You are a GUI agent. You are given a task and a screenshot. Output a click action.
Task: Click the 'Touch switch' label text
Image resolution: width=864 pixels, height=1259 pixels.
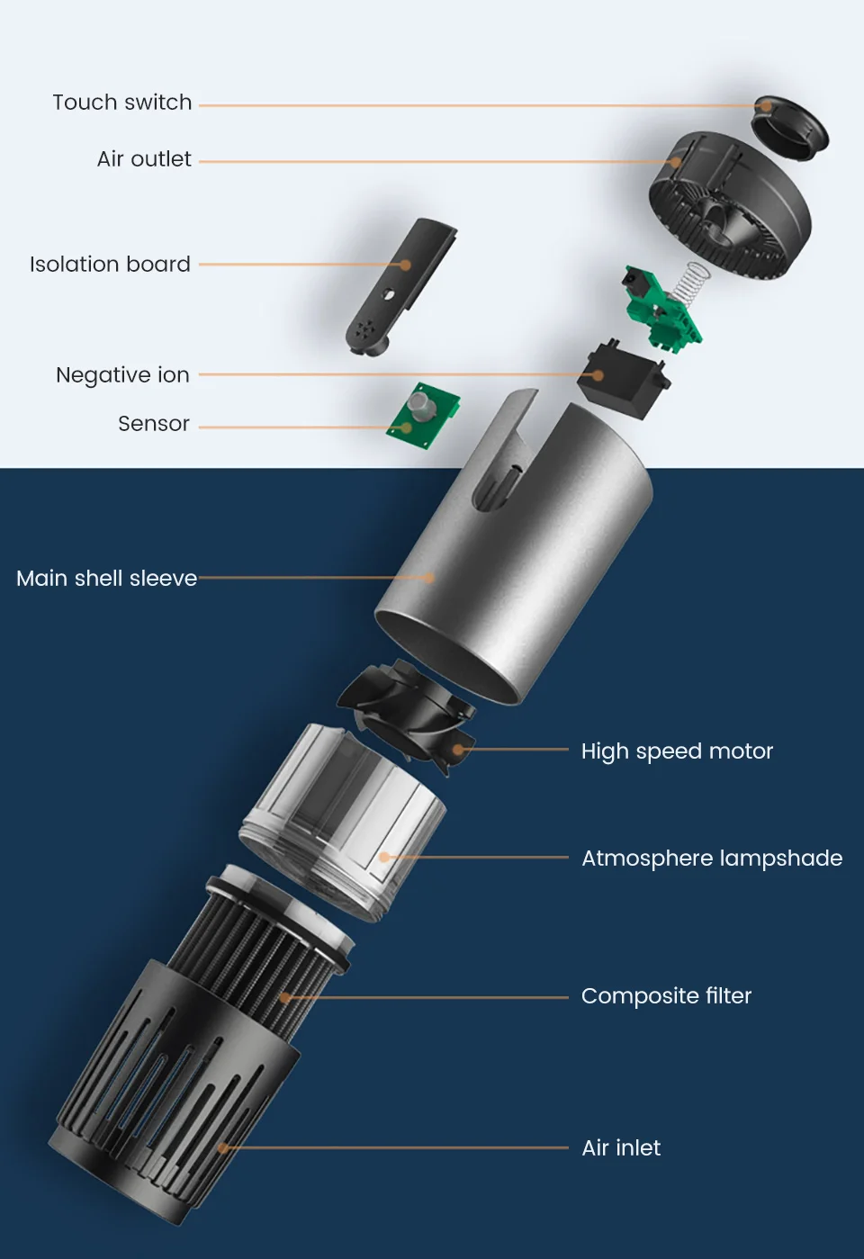[x=122, y=103]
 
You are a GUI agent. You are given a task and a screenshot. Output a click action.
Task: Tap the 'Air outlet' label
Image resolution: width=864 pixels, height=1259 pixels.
[x=144, y=159]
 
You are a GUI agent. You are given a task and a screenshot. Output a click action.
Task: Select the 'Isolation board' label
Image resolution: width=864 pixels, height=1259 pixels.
[x=110, y=265]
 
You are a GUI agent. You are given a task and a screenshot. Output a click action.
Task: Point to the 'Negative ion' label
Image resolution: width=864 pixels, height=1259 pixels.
[x=122, y=375]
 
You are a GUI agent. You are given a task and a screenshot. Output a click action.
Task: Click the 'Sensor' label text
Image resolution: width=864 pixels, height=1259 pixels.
[x=154, y=424]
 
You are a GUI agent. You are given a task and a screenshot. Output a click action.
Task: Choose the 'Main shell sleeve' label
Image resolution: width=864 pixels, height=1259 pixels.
[x=107, y=579]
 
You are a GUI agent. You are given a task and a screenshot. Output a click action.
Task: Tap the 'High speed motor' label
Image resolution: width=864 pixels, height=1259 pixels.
[x=677, y=751]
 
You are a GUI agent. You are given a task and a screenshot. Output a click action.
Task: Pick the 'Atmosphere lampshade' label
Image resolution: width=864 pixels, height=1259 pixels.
[x=712, y=859]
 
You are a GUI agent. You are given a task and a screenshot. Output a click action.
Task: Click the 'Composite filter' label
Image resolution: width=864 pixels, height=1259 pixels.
[x=666, y=996]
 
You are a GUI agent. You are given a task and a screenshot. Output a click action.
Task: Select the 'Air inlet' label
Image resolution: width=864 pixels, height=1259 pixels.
[x=621, y=1147]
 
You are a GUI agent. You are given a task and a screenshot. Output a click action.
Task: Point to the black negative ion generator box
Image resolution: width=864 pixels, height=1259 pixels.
[x=624, y=382]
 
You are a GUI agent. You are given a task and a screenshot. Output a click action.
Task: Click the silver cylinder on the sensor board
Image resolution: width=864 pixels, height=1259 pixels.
[x=420, y=406]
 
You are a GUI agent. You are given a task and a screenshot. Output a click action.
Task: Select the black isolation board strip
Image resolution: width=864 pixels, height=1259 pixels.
[x=400, y=287]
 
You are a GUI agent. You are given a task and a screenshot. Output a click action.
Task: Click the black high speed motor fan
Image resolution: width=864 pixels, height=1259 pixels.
[x=408, y=715]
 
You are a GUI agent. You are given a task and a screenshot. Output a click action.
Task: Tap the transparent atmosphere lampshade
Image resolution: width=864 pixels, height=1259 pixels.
[x=342, y=822]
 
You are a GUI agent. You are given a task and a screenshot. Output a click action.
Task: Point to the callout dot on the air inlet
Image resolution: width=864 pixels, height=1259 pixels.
[x=223, y=1147]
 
